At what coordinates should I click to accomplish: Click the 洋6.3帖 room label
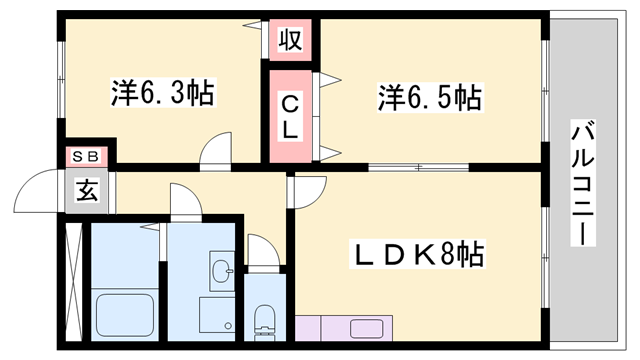[x=160, y=96]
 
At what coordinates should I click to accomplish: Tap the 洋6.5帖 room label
[x=430, y=98]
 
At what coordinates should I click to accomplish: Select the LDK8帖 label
[x=418, y=256]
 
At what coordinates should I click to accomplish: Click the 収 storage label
[x=290, y=42]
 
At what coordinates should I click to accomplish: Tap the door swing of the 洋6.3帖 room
[x=216, y=152]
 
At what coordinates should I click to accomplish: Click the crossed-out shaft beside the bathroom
[x=73, y=284]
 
